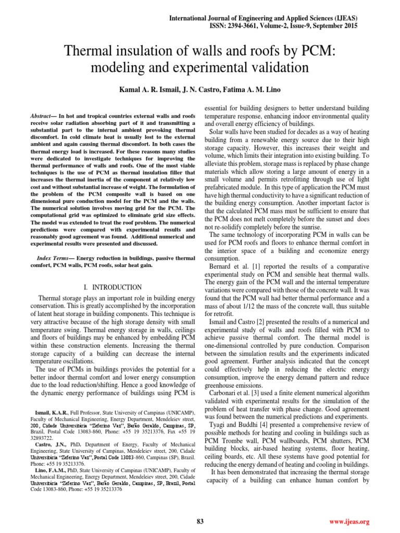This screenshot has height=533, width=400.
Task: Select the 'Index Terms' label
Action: [54, 258]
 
